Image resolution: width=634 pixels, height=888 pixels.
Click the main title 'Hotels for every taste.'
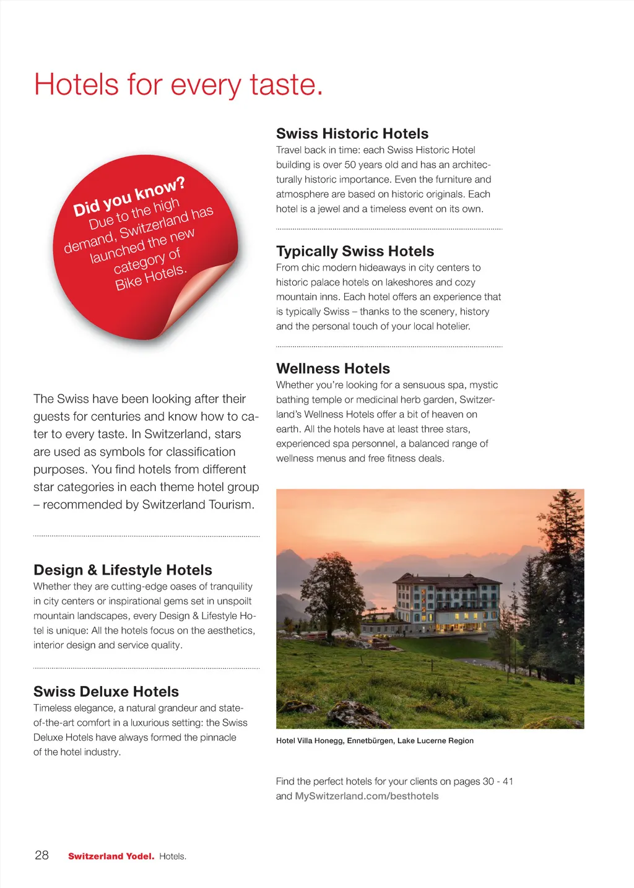(x=178, y=85)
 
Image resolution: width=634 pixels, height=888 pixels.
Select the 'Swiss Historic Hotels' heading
(x=352, y=134)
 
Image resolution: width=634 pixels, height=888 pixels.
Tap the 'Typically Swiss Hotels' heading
(x=355, y=251)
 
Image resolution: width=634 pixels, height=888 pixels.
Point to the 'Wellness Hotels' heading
(x=332, y=369)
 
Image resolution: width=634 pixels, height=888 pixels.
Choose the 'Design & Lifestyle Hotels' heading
(x=123, y=570)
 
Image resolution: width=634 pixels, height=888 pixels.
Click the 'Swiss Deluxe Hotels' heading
(x=106, y=692)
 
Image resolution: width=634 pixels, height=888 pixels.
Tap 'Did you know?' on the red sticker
(x=129, y=197)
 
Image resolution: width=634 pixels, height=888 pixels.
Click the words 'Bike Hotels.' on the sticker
(x=150, y=277)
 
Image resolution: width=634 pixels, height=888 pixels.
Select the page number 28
(x=41, y=856)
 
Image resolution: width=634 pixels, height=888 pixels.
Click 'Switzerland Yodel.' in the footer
(x=111, y=856)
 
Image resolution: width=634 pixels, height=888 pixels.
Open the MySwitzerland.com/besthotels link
(x=367, y=796)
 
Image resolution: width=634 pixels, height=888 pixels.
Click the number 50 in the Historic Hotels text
(x=350, y=165)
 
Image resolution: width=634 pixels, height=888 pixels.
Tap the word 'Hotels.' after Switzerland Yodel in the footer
(x=173, y=856)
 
